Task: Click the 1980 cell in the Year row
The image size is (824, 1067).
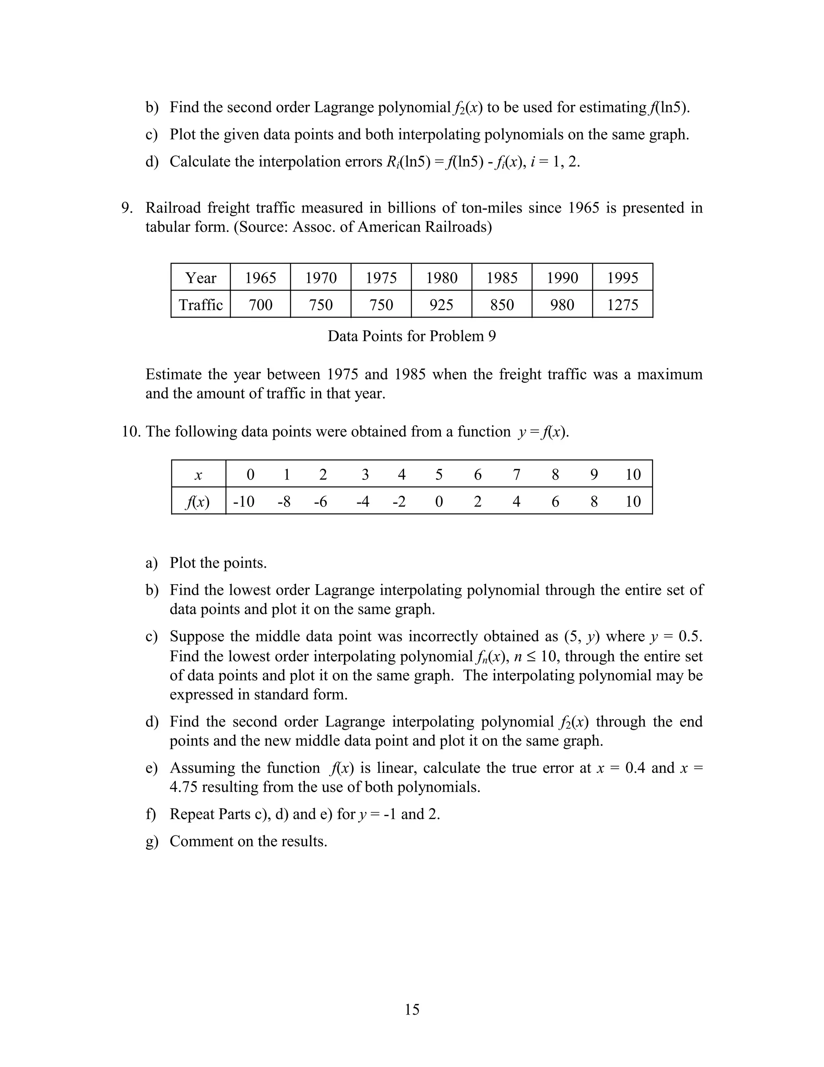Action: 441,277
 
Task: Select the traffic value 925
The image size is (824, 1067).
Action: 441,304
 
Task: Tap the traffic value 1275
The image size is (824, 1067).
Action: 622,304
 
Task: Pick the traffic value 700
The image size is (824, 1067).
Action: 260,304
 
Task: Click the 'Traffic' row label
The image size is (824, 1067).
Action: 201,304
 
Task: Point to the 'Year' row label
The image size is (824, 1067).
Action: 201,277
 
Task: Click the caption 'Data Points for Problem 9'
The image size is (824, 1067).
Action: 412,336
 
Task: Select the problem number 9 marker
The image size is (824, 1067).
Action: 127,208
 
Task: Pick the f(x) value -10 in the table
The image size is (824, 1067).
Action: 243,501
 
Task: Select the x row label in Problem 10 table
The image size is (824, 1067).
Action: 198,475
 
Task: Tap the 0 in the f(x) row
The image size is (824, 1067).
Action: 439,501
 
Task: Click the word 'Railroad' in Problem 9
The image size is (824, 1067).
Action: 173,208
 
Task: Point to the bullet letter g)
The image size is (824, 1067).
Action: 152,841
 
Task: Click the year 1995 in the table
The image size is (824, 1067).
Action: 622,277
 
